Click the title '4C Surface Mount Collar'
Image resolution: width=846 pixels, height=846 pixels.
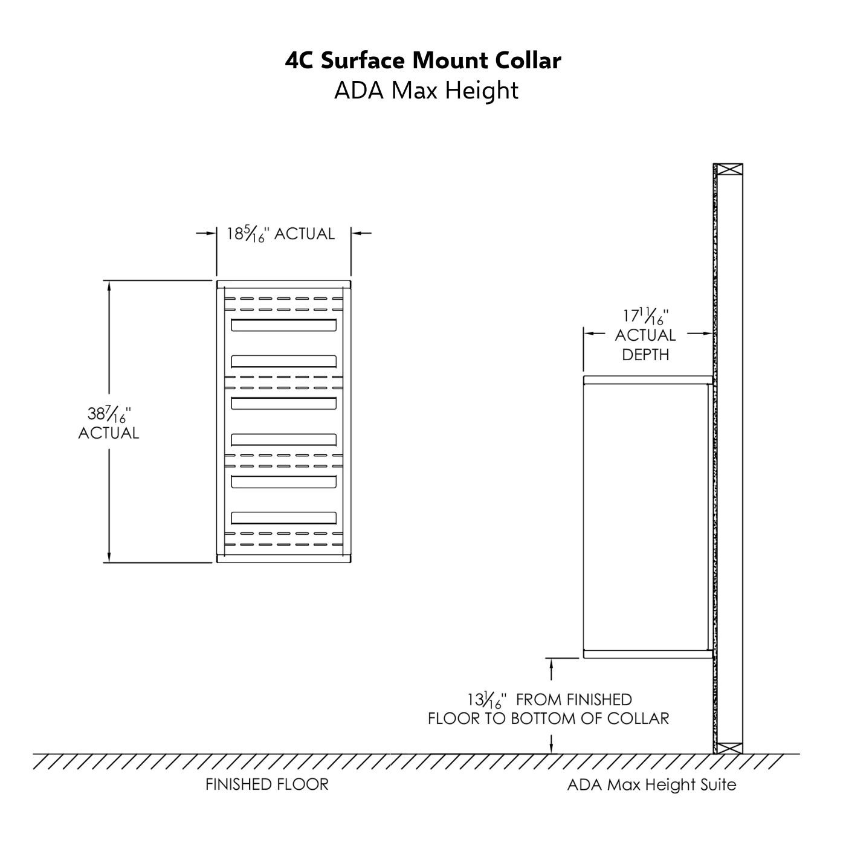(423, 60)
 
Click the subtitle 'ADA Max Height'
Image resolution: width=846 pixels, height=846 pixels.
(426, 91)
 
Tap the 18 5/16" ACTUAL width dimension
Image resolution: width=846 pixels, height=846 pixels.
(280, 234)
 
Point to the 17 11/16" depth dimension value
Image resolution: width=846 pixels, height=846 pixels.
(645, 316)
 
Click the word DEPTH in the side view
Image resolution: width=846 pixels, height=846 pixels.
(645, 355)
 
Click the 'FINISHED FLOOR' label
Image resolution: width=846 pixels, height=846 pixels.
(267, 784)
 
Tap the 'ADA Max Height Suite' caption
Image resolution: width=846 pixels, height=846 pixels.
(651, 785)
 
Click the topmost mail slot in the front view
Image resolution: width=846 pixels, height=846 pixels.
(283, 325)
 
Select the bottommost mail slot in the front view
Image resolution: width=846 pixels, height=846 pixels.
(283, 518)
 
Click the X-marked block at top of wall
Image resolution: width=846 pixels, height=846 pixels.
(728, 170)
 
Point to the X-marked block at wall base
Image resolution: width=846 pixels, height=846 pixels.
(728, 748)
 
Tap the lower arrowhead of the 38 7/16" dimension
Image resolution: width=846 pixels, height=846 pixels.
(109, 557)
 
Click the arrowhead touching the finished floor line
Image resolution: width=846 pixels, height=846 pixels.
(551, 749)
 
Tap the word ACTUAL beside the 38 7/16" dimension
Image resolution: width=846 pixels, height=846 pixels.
(109, 433)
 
